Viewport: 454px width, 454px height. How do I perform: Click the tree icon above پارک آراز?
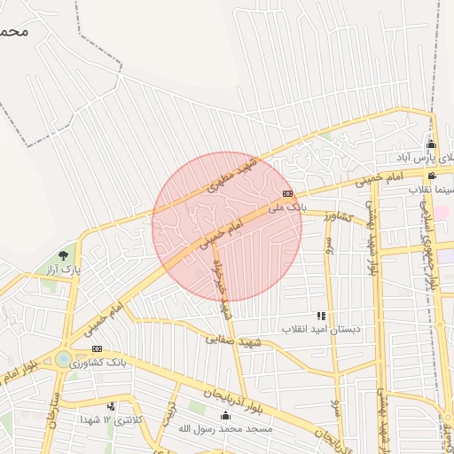[62, 254]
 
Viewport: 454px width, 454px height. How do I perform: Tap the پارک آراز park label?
[65, 267]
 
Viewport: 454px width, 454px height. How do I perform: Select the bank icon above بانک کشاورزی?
[97, 348]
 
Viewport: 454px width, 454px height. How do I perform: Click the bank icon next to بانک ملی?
[287, 192]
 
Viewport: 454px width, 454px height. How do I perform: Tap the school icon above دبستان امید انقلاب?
[320, 316]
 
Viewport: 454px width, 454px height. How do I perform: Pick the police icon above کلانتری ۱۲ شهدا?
[109, 405]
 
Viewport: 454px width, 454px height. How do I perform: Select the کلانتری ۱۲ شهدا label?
[110, 419]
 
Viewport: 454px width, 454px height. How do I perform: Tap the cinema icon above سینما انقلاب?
[431, 176]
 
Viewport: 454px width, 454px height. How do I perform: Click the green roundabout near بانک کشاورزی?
[63, 359]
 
